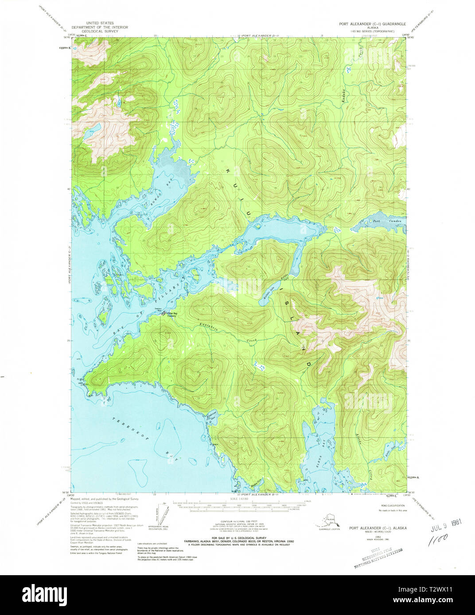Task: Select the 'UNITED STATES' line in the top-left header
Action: (100, 23)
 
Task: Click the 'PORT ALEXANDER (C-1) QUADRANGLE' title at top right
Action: (377, 24)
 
